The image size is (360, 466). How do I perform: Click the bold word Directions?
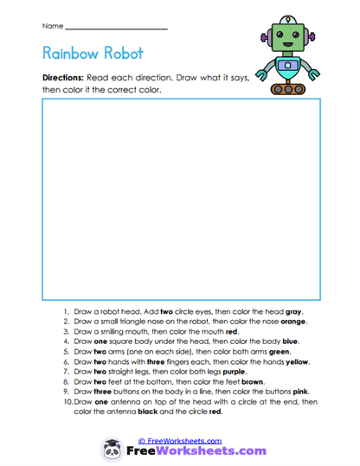63,78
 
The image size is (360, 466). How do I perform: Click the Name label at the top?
52,28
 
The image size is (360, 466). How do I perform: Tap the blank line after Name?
116,29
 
